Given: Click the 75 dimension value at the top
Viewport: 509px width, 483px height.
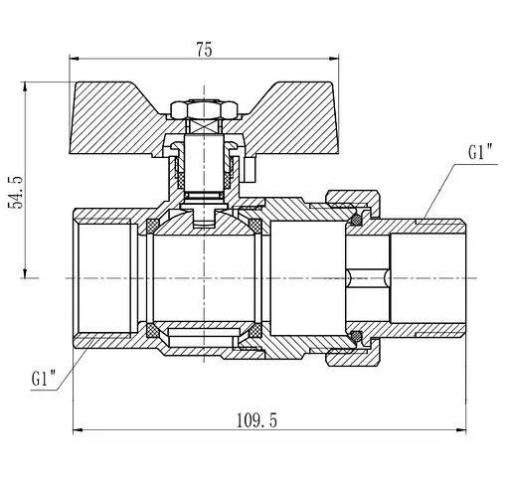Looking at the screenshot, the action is point(204,50).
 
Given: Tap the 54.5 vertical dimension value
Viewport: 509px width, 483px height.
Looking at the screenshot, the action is point(16,192).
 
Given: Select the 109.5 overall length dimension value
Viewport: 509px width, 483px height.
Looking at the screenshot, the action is point(256,420).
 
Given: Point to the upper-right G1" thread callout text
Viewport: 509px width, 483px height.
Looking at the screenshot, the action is point(480,152).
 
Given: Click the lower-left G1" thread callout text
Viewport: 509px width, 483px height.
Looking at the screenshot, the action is point(44,379).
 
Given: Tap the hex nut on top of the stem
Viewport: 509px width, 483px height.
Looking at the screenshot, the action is point(204,109).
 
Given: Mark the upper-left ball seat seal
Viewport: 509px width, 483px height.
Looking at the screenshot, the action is point(152,226).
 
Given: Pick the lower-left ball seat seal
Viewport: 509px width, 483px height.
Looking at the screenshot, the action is point(152,330).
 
